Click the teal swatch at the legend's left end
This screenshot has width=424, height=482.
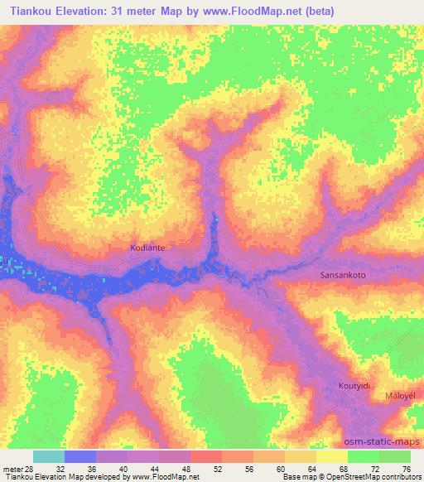point(49,456)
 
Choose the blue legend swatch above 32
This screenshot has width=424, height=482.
point(80,456)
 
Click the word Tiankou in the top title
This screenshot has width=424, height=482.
point(31,9)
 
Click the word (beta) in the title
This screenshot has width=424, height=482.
point(393,9)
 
